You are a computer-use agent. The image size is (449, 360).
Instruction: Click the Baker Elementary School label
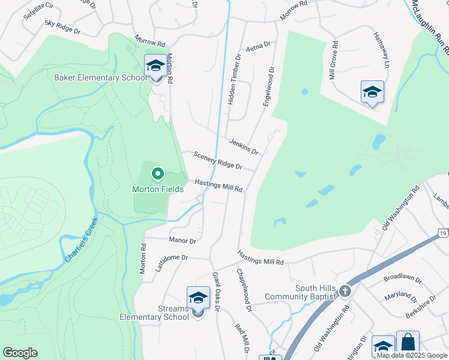[x=100, y=77]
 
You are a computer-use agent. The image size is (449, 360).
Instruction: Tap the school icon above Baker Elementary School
[x=155, y=65]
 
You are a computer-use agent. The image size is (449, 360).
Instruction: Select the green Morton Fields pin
[x=158, y=174]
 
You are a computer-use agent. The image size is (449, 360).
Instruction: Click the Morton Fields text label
[x=158, y=188]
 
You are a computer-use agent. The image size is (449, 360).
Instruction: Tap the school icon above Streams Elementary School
[x=198, y=298]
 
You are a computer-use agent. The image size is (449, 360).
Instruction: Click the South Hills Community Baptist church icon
[x=345, y=291]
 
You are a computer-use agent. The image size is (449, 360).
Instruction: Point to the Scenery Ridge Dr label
[x=218, y=160]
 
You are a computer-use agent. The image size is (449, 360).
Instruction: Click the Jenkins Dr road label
[x=243, y=146]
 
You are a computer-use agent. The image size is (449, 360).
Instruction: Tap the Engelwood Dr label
[x=268, y=87]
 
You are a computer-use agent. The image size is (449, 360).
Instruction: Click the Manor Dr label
[x=182, y=241]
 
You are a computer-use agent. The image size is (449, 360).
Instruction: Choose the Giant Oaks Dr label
[x=217, y=292]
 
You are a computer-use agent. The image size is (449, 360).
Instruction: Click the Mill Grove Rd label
[x=334, y=60]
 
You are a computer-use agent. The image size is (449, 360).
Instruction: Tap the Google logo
[x=20, y=353]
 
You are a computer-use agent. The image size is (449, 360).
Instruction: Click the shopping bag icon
[x=408, y=343]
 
